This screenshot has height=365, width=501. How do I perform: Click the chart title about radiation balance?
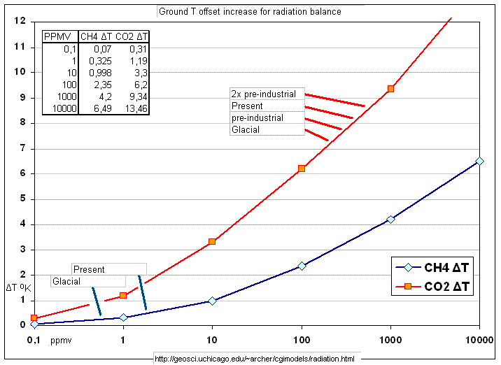pyautogui.click(x=250, y=12)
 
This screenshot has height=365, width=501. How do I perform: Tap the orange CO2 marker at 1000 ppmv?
pyautogui.click(x=390, y=89)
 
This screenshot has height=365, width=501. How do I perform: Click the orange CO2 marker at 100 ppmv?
pyautogui.click(x=302, y=169)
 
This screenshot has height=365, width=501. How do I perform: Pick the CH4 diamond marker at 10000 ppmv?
pyautogui.click(x=479, y=161)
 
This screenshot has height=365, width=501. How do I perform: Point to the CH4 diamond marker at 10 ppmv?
pyautogui.click(x=212, y=301)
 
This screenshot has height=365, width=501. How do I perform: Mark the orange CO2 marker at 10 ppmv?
pyautogui.click(x=212, y=242)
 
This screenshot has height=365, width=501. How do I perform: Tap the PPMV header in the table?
pyautogui.click(x=57, y=36)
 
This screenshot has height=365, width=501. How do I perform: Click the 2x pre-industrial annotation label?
pyautogui.click(x=263, y=94)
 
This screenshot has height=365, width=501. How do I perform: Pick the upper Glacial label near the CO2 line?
pyautogui.click(x=246, y=129)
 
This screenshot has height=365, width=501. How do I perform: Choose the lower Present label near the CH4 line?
pyautogui.click(x=89, y=269)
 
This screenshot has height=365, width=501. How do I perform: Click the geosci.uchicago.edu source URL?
pyautogui.click(x=255, y=359)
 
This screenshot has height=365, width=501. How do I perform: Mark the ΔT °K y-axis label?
pyautogui.click(x=19, y=287)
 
